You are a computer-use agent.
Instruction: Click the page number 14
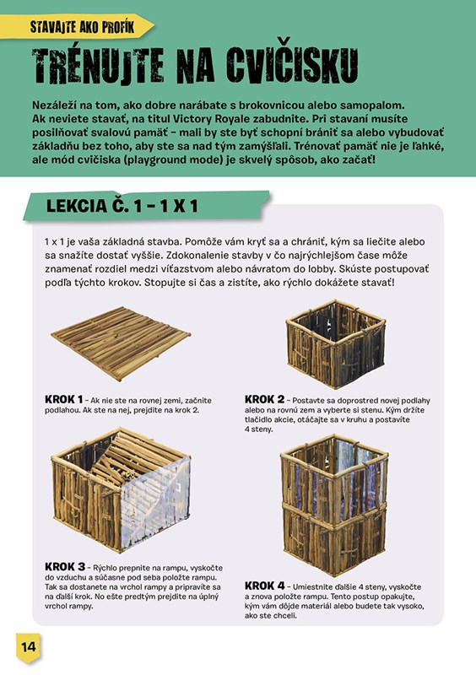click(x=29, y=647)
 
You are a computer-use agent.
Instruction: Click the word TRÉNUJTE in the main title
click(x=98, y=66)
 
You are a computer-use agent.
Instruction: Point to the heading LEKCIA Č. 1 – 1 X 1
click(x=122, y=206)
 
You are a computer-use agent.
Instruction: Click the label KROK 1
click(x=64, y=400)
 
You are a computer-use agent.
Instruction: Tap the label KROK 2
click(x=264, y=400)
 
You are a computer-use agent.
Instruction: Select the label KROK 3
click(x=65, y=567)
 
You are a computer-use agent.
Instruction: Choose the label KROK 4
click(x=264, y=586)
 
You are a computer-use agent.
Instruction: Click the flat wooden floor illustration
click(x=121, y=343)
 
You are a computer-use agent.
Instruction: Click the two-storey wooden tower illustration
click(x=334, y=505)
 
